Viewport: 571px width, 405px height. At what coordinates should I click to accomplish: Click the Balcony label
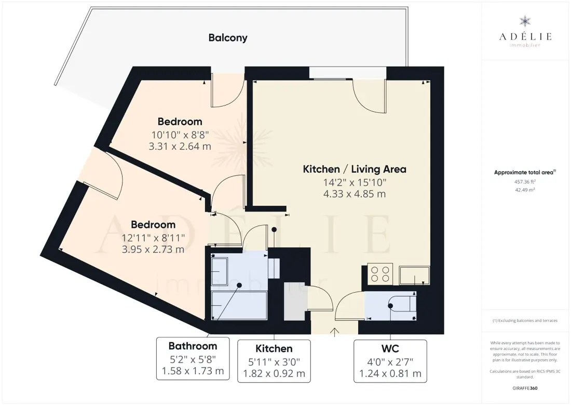228,37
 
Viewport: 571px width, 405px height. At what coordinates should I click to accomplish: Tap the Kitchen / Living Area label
355,169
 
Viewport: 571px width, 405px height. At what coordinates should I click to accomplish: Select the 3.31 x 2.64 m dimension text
180,146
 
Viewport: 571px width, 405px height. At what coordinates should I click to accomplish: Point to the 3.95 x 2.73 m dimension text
153,250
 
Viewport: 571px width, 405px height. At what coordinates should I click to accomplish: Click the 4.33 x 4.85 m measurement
355,194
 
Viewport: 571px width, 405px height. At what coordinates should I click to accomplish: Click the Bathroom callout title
193,346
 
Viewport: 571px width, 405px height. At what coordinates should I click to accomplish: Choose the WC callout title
390,348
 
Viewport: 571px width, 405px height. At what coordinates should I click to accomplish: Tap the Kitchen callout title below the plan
274,348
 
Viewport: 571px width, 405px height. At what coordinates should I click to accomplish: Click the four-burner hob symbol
380,273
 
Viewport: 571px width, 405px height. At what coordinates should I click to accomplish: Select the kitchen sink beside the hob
414,276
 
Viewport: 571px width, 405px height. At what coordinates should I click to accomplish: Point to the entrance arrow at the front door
335,332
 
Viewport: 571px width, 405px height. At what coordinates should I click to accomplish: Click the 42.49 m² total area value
524,190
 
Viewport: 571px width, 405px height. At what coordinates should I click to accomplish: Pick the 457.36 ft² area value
525,181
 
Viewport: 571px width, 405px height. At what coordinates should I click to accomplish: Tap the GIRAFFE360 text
525,388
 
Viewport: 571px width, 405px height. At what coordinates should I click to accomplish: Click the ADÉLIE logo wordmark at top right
525,36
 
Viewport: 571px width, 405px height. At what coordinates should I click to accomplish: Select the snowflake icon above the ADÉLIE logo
525,21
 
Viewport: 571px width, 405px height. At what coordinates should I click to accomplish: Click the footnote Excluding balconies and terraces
525,321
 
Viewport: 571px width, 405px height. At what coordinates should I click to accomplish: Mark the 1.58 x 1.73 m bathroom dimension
193,371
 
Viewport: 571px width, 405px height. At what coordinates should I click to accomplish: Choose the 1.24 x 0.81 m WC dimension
390,374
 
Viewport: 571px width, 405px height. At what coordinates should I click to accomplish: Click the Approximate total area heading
525,173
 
